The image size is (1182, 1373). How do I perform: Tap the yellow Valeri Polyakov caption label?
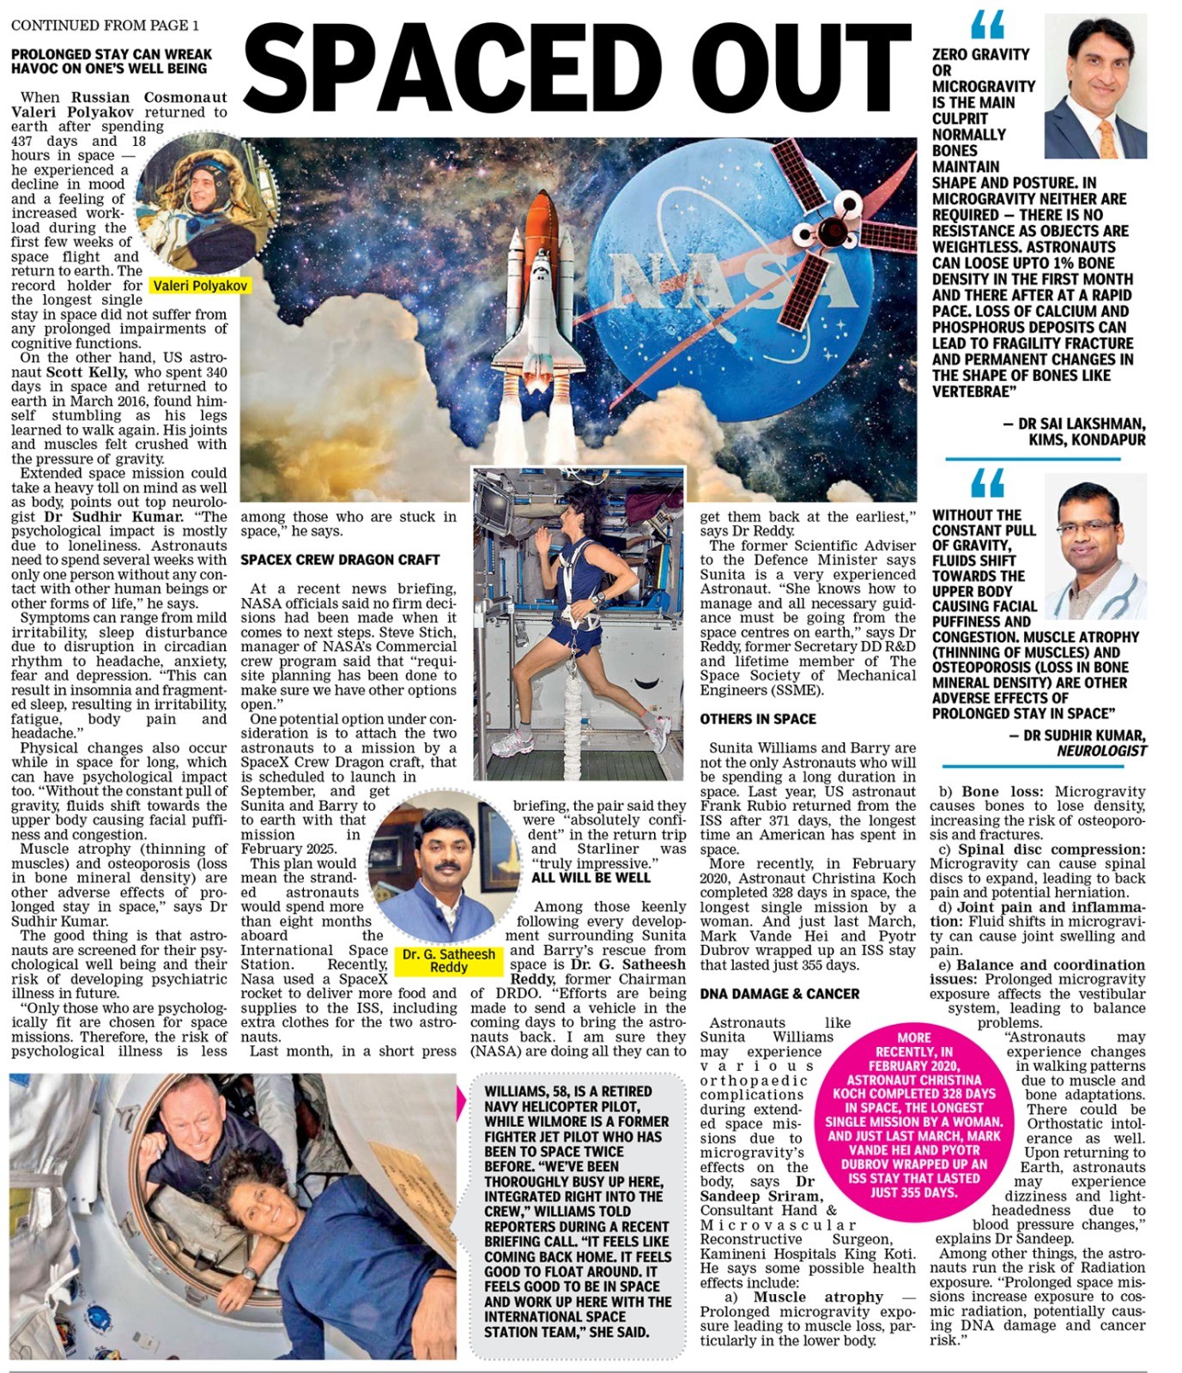(x=200, y=286)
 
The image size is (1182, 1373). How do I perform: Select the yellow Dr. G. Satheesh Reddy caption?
(x=449, y=960)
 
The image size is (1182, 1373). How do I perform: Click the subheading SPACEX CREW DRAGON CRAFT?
(x=340, y=559)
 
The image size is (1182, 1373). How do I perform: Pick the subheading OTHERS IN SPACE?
(x=758, y=719)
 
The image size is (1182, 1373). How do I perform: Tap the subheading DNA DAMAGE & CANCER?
(x=779, y=994)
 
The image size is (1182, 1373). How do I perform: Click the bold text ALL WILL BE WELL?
(x=591, y=878)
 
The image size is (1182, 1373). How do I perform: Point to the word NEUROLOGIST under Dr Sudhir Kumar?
(x=1101, y=751)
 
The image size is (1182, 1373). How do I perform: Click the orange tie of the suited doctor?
(x=1106, y=137)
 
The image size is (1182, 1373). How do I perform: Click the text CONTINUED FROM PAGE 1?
(x=105, y=25)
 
